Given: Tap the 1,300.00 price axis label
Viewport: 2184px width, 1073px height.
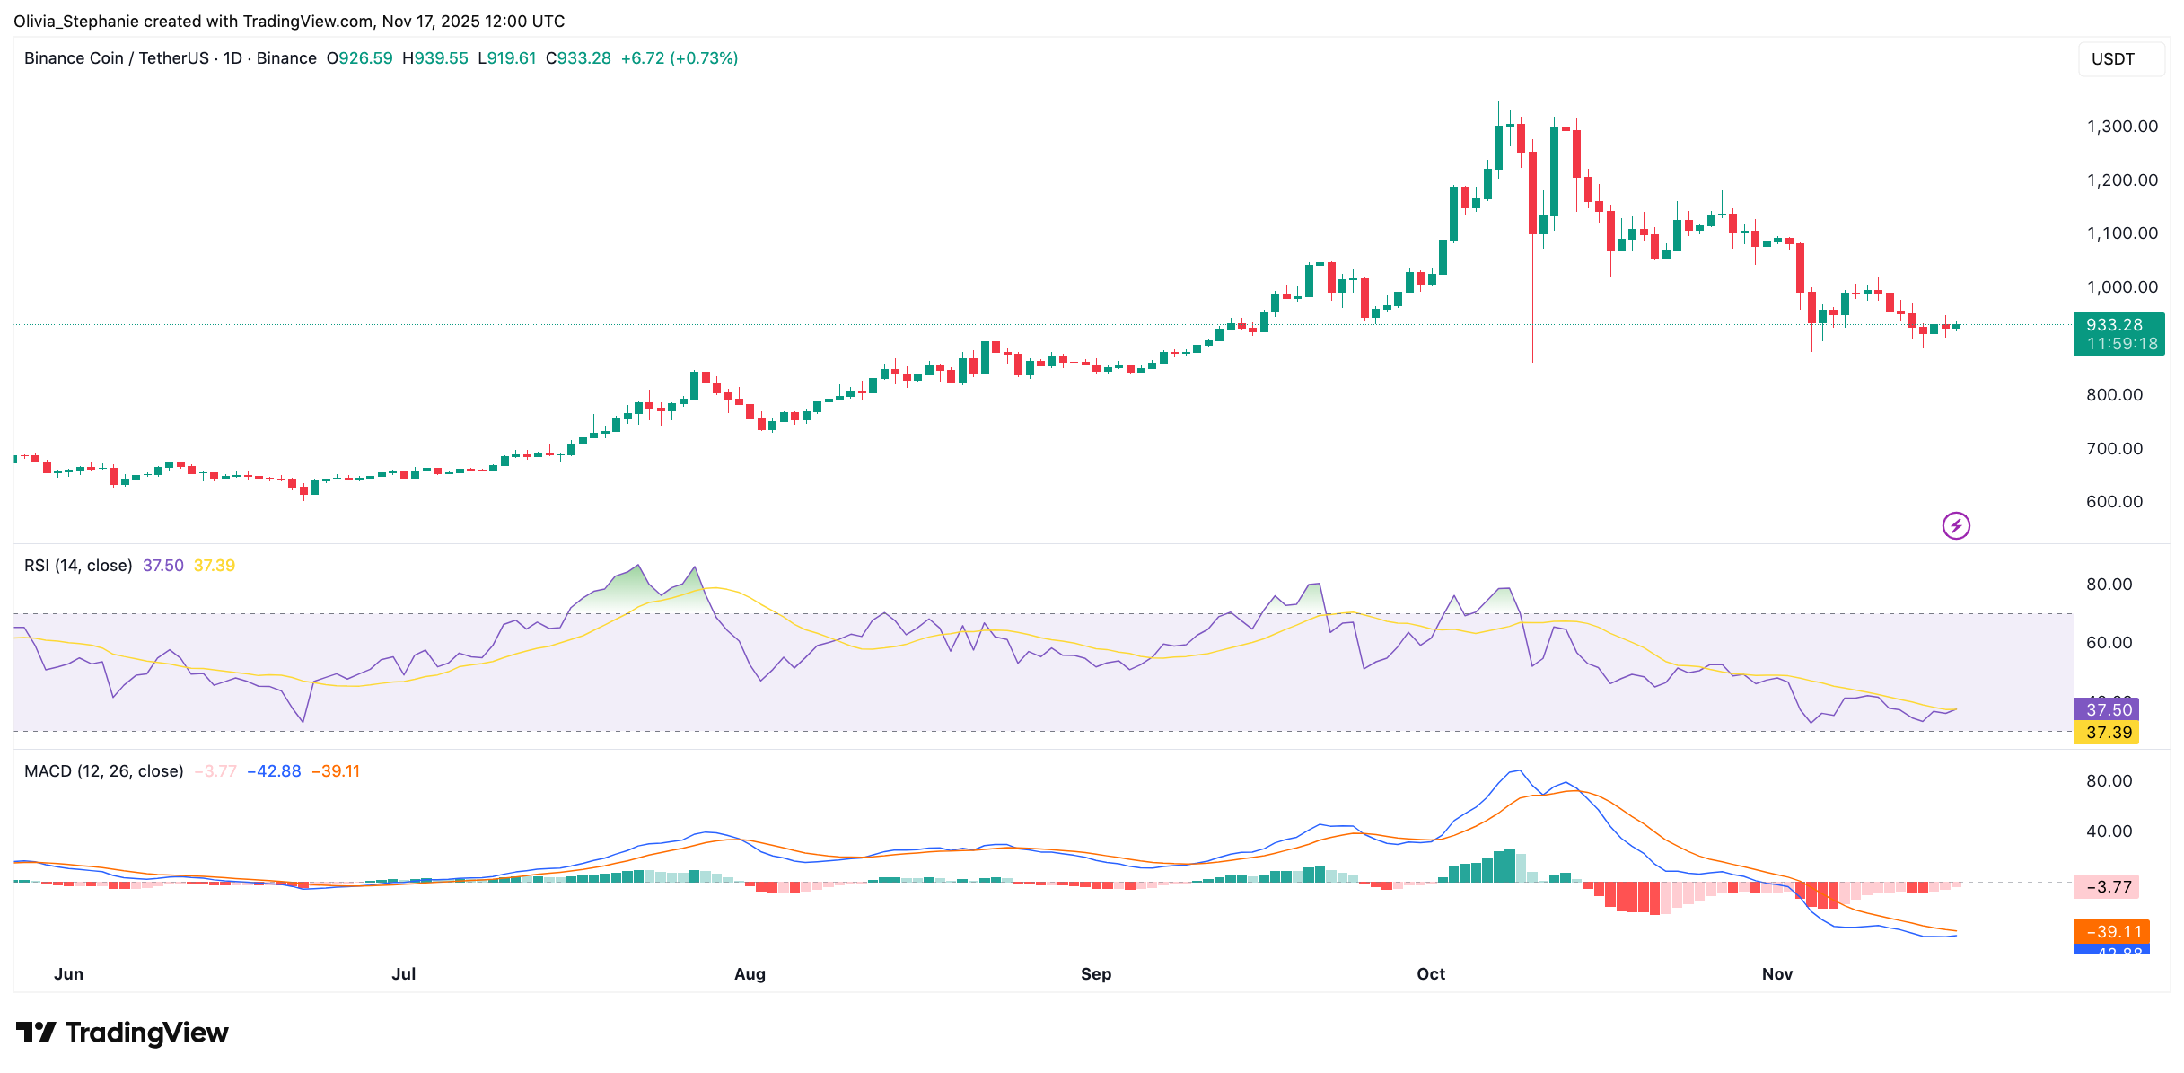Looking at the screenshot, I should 2122,127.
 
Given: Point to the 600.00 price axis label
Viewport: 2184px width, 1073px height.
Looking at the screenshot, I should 2114,502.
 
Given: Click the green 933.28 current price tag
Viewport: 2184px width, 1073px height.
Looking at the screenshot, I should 2118,334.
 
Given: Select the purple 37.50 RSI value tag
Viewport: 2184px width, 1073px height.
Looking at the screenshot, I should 2108,709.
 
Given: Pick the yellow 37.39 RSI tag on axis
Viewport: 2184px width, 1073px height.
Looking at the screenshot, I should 2108,733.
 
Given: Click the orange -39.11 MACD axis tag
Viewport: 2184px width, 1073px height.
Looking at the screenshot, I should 2111,932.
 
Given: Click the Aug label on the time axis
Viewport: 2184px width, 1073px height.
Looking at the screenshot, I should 750,974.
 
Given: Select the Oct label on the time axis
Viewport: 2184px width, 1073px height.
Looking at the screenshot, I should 1431,974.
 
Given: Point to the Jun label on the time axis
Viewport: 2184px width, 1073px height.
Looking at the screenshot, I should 68,974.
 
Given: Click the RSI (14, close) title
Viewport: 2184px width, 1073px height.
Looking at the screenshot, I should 78,566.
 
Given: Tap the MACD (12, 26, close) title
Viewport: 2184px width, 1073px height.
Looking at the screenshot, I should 103,771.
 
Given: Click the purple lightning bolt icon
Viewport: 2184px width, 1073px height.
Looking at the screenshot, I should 1956,525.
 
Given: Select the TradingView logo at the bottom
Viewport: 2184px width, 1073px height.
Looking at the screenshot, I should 122,1033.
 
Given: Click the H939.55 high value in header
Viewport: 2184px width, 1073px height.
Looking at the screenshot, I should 435,58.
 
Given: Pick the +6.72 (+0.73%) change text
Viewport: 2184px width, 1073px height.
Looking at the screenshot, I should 680,58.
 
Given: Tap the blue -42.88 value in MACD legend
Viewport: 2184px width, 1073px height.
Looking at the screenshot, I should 275,771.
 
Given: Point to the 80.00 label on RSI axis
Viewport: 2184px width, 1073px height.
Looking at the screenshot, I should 2109,585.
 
